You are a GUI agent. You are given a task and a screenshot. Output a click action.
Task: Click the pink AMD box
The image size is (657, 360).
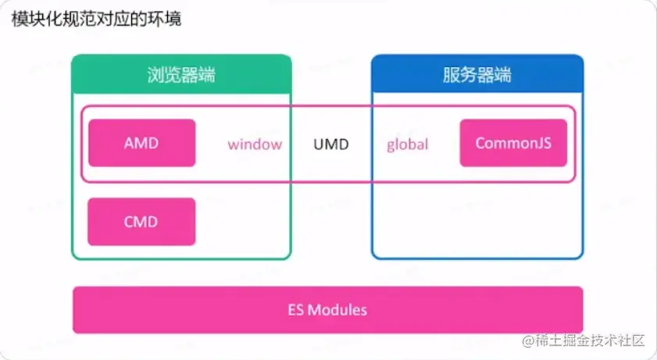point(141,143)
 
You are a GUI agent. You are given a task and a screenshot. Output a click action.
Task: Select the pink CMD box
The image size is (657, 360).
point(141,222)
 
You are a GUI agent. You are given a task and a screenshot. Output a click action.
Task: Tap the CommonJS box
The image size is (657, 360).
point(513,143)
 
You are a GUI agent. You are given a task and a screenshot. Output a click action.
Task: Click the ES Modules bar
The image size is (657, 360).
point(327,309)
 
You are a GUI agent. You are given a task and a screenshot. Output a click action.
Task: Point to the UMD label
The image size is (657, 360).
point(331,144)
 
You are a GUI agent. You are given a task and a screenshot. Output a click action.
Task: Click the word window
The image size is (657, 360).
point(255,144)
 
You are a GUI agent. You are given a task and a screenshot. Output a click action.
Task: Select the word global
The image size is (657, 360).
point(408,144)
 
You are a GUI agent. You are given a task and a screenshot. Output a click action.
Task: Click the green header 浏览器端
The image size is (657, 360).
point(181,76)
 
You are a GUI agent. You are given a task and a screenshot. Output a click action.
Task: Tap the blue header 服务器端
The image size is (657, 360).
point(477,76)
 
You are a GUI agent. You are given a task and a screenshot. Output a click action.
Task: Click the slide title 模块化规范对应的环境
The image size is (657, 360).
point(96,19)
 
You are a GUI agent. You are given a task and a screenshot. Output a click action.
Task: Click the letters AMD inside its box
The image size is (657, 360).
point(141,144)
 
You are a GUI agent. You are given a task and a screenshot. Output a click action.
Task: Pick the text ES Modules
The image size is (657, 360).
point(327,310)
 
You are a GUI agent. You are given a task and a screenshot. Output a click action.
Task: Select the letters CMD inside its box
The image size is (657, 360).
point(141,223)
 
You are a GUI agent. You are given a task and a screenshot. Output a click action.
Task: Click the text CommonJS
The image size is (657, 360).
point(513,144)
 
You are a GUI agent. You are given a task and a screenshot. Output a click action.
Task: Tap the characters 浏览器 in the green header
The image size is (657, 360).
point(173,76)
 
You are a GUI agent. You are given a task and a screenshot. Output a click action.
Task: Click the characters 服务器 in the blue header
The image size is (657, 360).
point(468,76)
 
